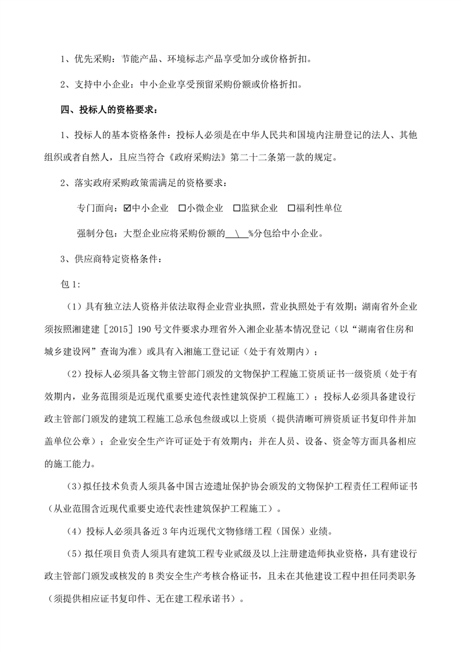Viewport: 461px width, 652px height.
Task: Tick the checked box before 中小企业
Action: tap(127, 207)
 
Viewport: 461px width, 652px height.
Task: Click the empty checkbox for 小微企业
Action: tap(182, 207)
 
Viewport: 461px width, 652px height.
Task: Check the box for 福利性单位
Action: tap(292, 207)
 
